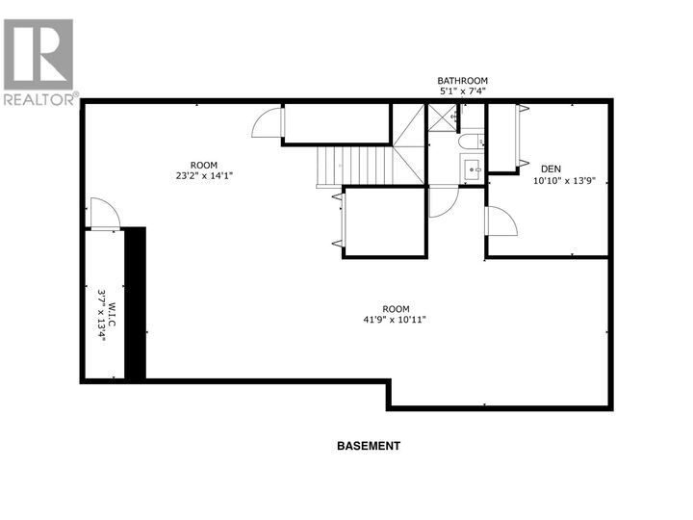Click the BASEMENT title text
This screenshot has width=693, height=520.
[x=368, y=446]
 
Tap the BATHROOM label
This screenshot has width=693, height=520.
[x=463, y=81]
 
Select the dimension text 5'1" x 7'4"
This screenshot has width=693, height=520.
[x=463, y=91]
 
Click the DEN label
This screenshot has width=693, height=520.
[x=551, y=168]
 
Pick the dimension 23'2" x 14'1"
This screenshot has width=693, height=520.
[x=204, y=175]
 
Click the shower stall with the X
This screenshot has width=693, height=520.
[x=443, y=117]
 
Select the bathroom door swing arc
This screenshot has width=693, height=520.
[x=441, y=201]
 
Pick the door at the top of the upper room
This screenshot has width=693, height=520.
[x=267, y=123]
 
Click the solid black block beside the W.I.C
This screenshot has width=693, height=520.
[x=135, y=303]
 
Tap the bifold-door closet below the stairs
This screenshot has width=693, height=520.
[x=383, y=221]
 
